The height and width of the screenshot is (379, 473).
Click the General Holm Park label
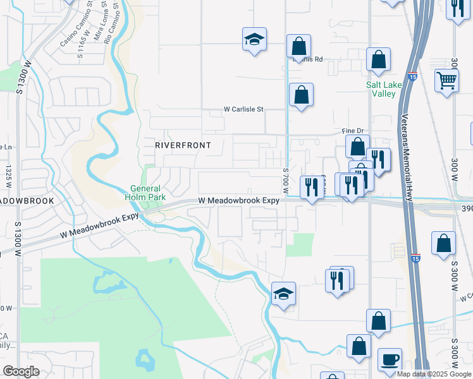(146, 192)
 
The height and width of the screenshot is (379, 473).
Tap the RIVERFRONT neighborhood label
(183, 145)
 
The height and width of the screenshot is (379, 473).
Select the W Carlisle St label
(243, 109)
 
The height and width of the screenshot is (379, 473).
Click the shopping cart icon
(446, 81)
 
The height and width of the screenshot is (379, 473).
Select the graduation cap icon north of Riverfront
(254, 40)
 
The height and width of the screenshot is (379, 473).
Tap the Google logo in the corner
(21, 371)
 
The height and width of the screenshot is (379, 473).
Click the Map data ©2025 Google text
(434, 374)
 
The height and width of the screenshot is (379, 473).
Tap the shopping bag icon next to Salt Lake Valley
(378, 61)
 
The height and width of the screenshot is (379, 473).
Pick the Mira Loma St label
(99, 25)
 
